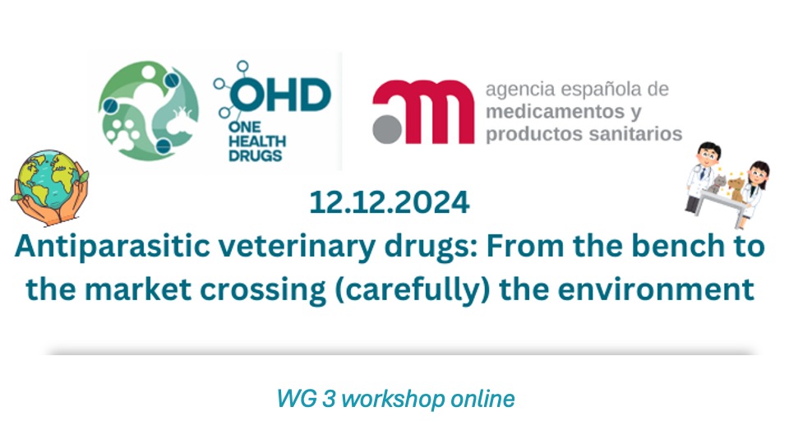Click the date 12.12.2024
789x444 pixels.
click(390, 202)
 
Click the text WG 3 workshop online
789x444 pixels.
click(395, 400)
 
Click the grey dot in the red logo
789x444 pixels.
click(385, 130)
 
